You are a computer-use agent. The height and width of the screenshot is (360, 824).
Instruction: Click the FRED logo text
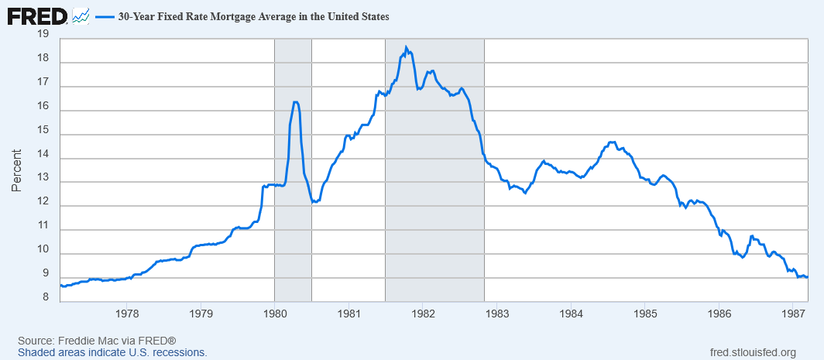pyautogui.click(x=37, y=17)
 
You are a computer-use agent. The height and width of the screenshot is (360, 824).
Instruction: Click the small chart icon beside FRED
pyautogui.click(x=81, y=17)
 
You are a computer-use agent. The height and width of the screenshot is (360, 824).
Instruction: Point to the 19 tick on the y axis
pyautogui.click(x=43, y=35)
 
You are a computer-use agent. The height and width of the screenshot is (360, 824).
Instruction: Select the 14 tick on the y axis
pyautogui.click(x=43, y=155)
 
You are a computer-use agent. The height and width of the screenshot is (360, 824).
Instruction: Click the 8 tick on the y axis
pyautogui.click(x=46, y=298)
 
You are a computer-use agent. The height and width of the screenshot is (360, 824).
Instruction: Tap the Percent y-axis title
pyautogui.click(x=17, y=170)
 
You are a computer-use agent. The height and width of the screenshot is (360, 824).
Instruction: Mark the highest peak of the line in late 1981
pyautogui.click(x=406, y=46)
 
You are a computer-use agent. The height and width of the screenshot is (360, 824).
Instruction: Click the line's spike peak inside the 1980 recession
pyautogui.click(x=295, y=102)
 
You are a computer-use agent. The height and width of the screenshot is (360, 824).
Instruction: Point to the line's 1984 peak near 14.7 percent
pyautogui.click(x=611, y=142)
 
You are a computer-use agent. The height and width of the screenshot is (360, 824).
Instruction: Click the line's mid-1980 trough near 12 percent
pyautogui.click(x=313, y=202)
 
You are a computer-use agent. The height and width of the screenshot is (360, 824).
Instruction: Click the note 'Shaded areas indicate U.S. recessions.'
pyautogui.click(x=112, y=352)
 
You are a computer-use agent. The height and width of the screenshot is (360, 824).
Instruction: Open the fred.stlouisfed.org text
pyautogui.click(x=753, y=352)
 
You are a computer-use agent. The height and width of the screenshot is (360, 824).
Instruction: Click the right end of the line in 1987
pyautogui.click(x=807, y=277)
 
